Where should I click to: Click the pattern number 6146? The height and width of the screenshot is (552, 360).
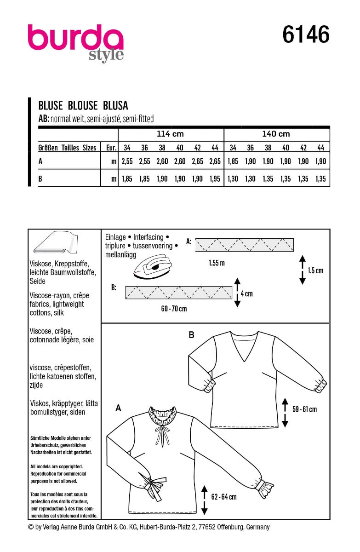(306, 35)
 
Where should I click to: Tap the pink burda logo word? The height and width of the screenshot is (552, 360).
(75, 39)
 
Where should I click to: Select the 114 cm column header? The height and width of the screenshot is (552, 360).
(170, 134)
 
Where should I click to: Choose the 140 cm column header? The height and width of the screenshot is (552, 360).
(276, 134)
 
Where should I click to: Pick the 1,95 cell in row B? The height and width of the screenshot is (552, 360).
(214, 179)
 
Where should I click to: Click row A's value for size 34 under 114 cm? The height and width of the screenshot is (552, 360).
(127, 161)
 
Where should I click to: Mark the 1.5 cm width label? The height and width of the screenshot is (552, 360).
(315, 270)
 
